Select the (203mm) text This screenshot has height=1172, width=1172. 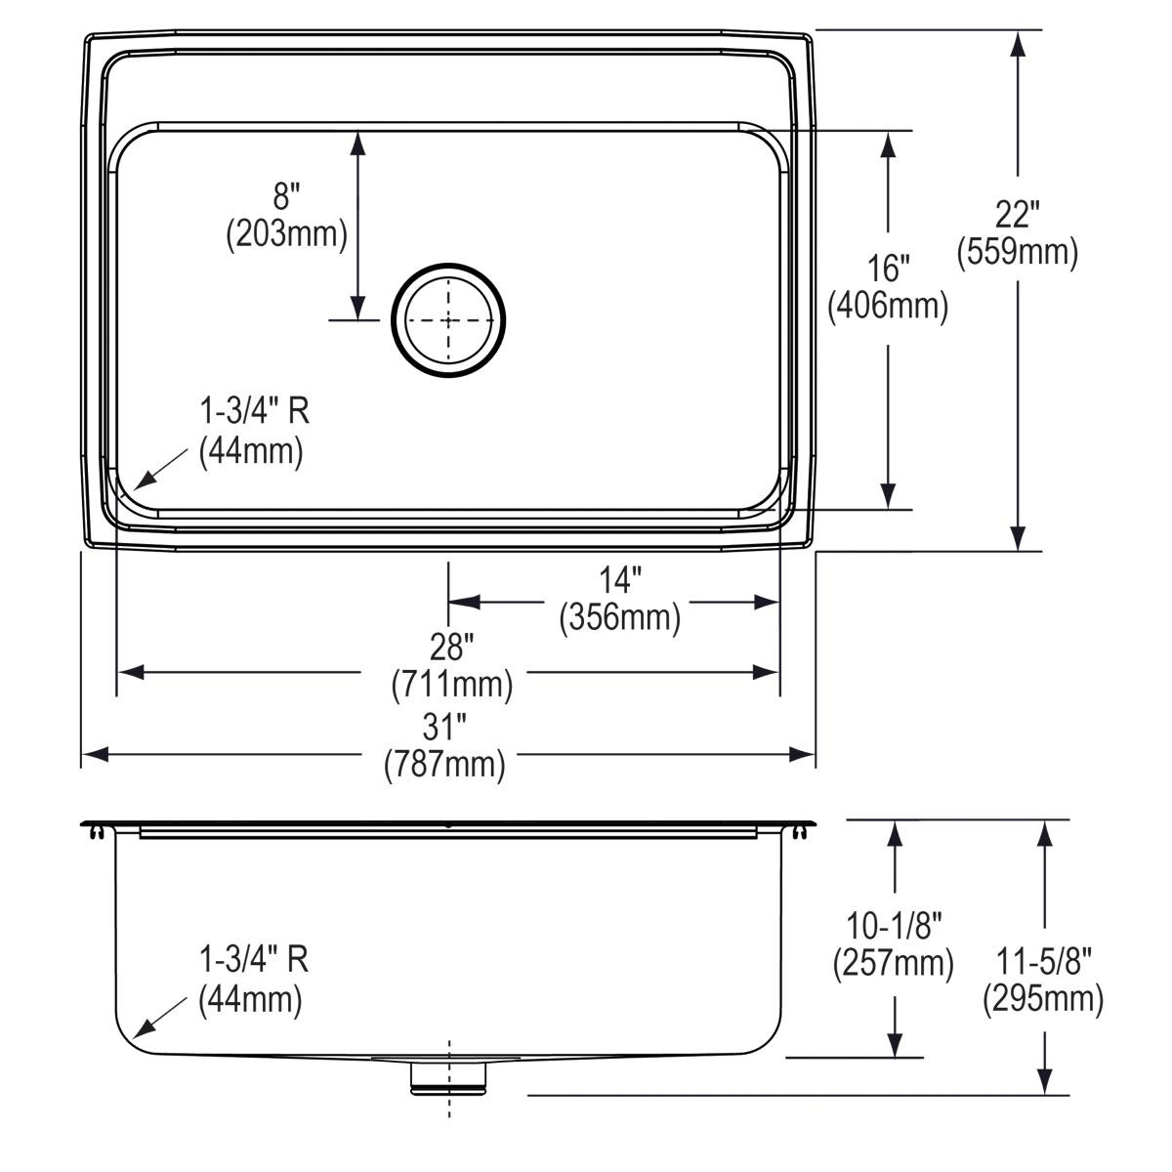[x=286, y=234]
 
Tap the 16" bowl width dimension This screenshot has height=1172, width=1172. [x=889, y=268]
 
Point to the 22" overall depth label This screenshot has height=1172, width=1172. [x=1018, y=214]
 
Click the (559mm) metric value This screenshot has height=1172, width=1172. [x=1018, y=252]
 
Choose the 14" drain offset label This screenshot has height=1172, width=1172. [x=620, y=581]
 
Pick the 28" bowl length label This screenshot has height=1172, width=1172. [x=451, y=647]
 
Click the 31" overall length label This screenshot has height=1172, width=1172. [x=444, y=728]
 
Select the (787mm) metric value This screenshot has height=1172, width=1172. [x=444, y=764]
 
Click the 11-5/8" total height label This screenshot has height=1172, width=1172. [x=1044, y=961]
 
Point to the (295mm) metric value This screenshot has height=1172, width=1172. [x=1044, y=998]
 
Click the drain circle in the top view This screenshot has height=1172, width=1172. [x=448, y=318]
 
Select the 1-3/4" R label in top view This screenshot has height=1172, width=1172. [x=254, y=411]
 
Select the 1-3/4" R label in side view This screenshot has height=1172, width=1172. [x=254, y=960]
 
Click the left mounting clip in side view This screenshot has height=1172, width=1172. [x=95, y=831]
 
